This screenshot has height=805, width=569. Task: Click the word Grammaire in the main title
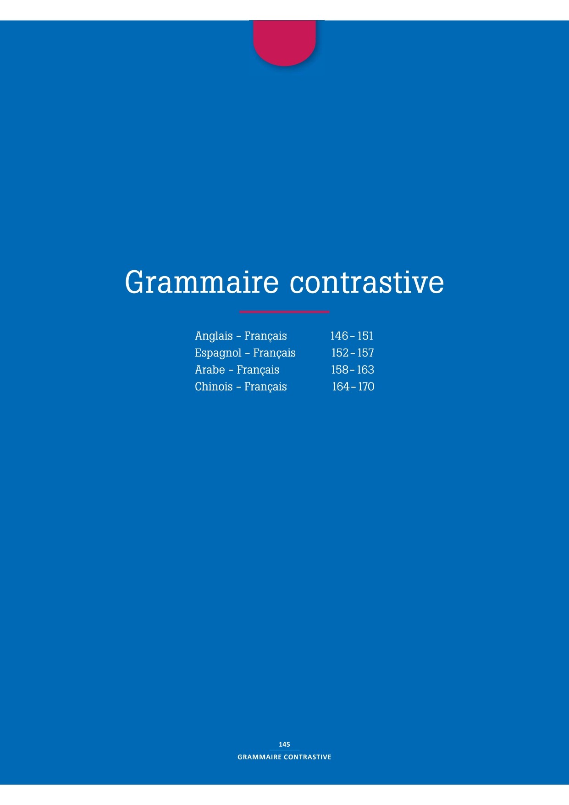pyautogui.click(x=202, y=283)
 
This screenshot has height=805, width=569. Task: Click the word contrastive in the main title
pyautogui.click(x=367, y=283)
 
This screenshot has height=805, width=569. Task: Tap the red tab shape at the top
pyautogui.click(x=284, y=43)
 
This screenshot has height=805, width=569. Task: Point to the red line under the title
pyautogui.click(x=284, y=312)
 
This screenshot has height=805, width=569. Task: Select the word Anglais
pyautogui.click(x=214, y=336)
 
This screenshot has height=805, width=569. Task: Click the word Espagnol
pyautogui.click(x=218, y=353)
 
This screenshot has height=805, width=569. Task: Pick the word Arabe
pyautogui.click(x=210, y=370)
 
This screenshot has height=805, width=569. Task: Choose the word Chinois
pyautogui.click(x=214, y=387)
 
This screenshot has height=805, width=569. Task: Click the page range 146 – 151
pyautogui.click(x=352, y=336)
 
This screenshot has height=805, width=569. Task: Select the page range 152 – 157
pyautogui.click(x=353, y=353)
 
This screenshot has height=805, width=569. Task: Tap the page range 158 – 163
pyautogui.click(x=353, y=370)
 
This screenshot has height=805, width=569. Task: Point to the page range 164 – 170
pyautogui.click(x=353, y=387)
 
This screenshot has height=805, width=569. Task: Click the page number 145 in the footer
pyautogui.click(x=284, y=744)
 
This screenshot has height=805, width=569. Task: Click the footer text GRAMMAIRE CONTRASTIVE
pyautogui.click(x=284, y=757)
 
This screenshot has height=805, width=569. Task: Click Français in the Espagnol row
pyautogui.click(x=274, y=353)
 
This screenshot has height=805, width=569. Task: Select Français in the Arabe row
pyautogui.click(x=258, y=370)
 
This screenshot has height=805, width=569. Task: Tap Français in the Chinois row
pyautogui.click(x=265, y=387)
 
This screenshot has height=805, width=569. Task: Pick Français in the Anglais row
pyautogui.click(x=265, y=336)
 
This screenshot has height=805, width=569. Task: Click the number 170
pyautogui.click(x=366, y=387)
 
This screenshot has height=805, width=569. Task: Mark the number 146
pyautogui.click(x=339, y=336)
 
